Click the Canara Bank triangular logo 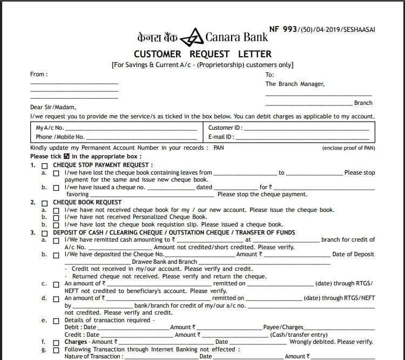click(x=191, y=38)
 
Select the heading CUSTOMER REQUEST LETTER click(x=202, y=54)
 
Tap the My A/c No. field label click(x=50, y=128)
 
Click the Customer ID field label click(x=225, y=128)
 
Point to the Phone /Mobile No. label click(x=60, y=137)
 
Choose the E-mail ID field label click(x=221, y=137)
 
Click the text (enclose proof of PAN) click(x=348, y=148)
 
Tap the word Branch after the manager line click(x=363, y=103)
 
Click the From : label click(x=39, y=75)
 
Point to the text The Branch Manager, click(x=295, y=84)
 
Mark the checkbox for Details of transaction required click(x=56, y=321)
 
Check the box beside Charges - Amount click(x=56, y=343)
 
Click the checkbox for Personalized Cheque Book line click(x=56, y=217)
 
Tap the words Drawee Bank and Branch click(x=164, y=262)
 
